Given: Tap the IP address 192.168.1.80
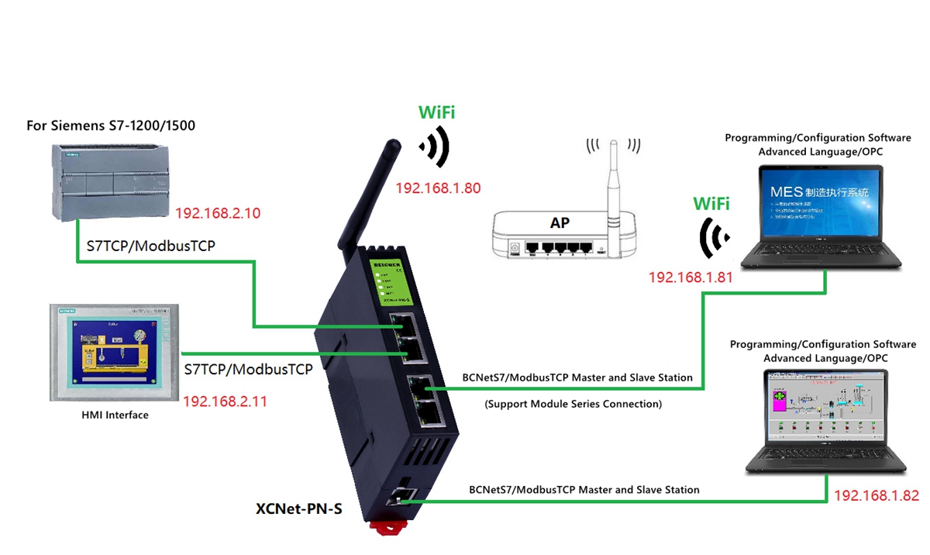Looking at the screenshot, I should point(438,188).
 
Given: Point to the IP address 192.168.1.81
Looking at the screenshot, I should point(691,276).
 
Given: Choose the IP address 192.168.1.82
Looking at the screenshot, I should point(876,495).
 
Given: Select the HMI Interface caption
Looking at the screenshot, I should point(115,415).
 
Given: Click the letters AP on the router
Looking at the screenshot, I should point(560,223).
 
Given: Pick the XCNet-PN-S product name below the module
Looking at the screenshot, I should point(298,509).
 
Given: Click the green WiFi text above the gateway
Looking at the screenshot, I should point(436,112).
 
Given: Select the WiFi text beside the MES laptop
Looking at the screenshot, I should point(711,204).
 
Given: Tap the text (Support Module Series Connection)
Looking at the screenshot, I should point(573,404).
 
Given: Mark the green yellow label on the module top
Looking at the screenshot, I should point(397,281).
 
